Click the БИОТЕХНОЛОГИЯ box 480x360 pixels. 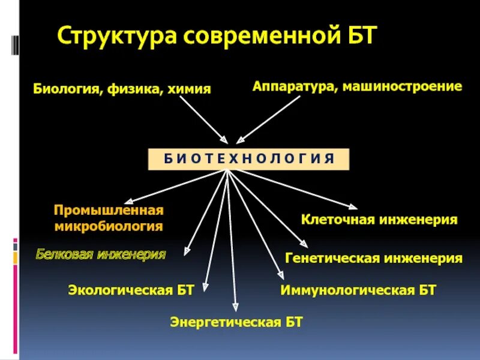[248, 159]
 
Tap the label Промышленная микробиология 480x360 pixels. [109, 218]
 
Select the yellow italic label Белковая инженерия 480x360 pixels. [100, 254]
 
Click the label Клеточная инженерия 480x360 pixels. [379, 220]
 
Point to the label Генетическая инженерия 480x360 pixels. [374, 259]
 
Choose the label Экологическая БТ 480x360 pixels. [131, 290]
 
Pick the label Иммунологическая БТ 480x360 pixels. [358, 290]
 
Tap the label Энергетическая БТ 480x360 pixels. [236, 322]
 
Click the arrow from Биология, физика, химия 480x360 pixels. [204, 119]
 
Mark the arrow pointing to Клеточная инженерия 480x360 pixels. [294, 190]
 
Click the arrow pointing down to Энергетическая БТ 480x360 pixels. [232, 240]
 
